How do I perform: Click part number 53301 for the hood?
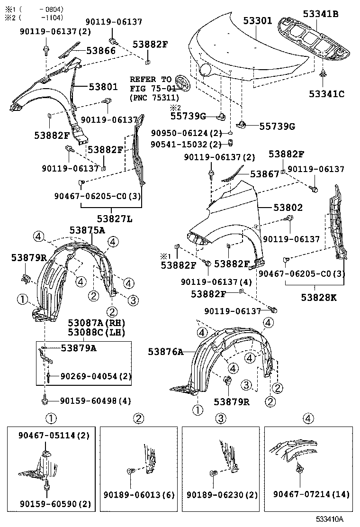point(258,21)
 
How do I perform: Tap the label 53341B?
point(321,14)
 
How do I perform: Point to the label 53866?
point(100,50)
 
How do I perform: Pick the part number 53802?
point(288,208)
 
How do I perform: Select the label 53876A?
point(165,351)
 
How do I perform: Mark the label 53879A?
point(78,347)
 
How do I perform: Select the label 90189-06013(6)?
point(139,495)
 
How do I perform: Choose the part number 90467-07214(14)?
point(311,495)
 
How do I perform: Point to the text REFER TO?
point(151,79)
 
